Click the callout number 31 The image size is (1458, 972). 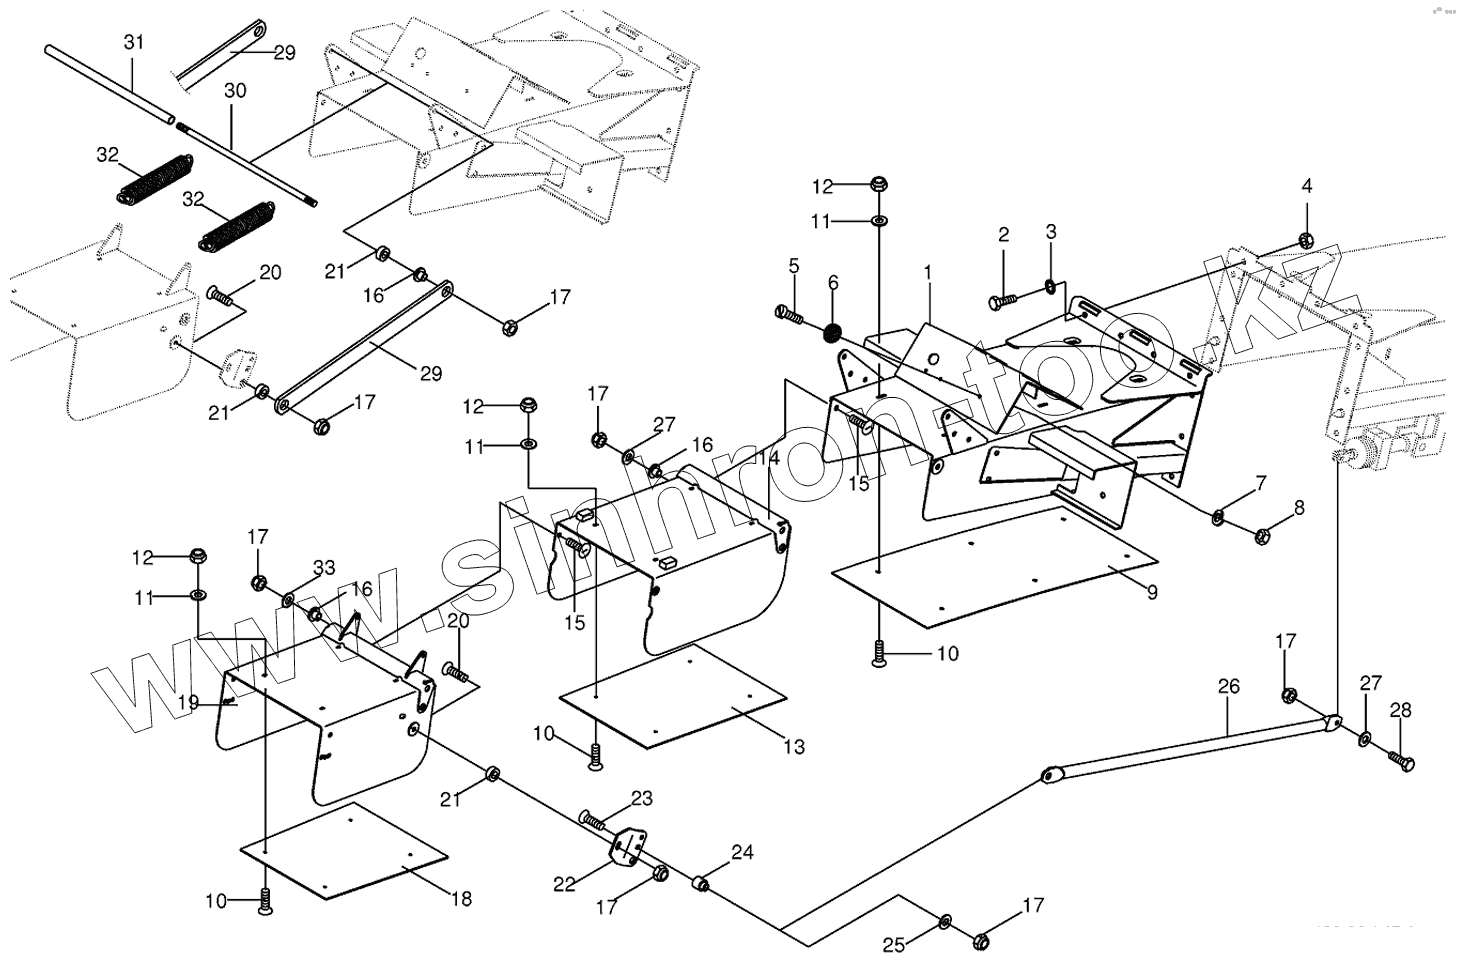pos(134,42)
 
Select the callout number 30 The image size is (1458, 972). pos(234,90)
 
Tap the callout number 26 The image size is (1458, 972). pos(1228,686)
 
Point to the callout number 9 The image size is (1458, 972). pos(1152,592)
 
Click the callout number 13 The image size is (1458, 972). pos(793,746)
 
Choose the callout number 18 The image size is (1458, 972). pos(461,898)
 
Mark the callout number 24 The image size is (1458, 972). pos(741,853)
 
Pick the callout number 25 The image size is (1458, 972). pos(894,945)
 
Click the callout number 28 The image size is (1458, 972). pos(1400,710)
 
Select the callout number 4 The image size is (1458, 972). pos(1306,186)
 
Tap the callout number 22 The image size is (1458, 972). pos(564,885)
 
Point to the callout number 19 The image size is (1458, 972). pos(188,702)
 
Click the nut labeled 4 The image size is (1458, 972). pos(1305,238)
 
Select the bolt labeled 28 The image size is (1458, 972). pos(1399,761)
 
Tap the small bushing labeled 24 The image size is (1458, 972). pos(703,885)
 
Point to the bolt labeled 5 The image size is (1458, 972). pos(789,314)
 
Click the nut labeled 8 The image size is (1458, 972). pos(1262,536)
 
